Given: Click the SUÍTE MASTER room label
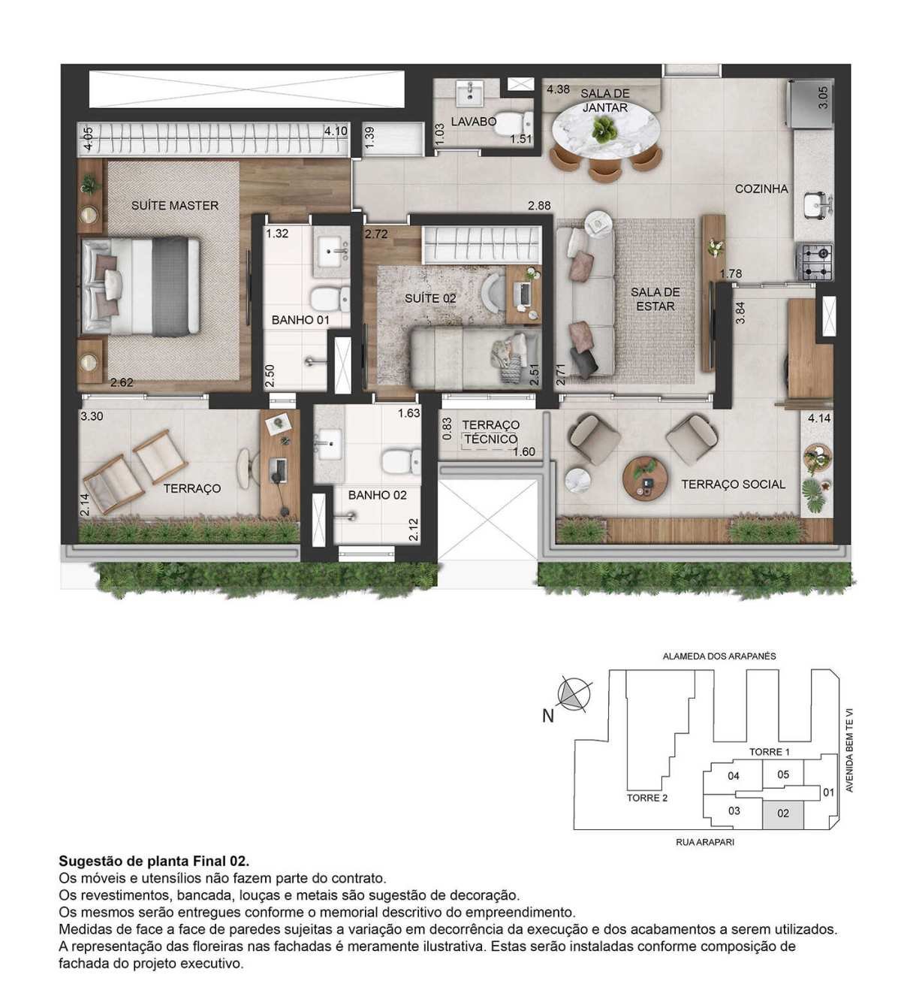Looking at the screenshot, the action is (x=174, y=205).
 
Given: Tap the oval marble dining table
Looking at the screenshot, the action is (x=606, y=131).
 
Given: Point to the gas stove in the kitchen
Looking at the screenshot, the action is (x=814, y=261).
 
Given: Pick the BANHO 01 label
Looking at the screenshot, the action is (x=300, y=320).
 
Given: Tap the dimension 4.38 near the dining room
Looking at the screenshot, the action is (x=558, y=89).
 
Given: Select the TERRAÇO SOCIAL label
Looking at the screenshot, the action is (x=733, y=484).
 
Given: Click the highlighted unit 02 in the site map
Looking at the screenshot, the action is (x=782, y=813).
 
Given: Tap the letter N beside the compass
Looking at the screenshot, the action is (x=547, y=717).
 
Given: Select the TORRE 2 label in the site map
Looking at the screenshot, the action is (x=646, y=798).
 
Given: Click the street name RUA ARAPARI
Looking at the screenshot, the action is (x=704, y=842).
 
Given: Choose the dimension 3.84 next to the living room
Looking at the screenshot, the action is (x=740, y=313).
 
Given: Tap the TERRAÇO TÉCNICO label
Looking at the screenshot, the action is (x=490, y=432).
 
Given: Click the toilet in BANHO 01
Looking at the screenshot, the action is (x=330, y=299).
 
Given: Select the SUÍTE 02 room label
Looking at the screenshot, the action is (x=430, y=299).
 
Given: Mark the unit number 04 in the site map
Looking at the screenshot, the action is (x=734, y=776).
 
